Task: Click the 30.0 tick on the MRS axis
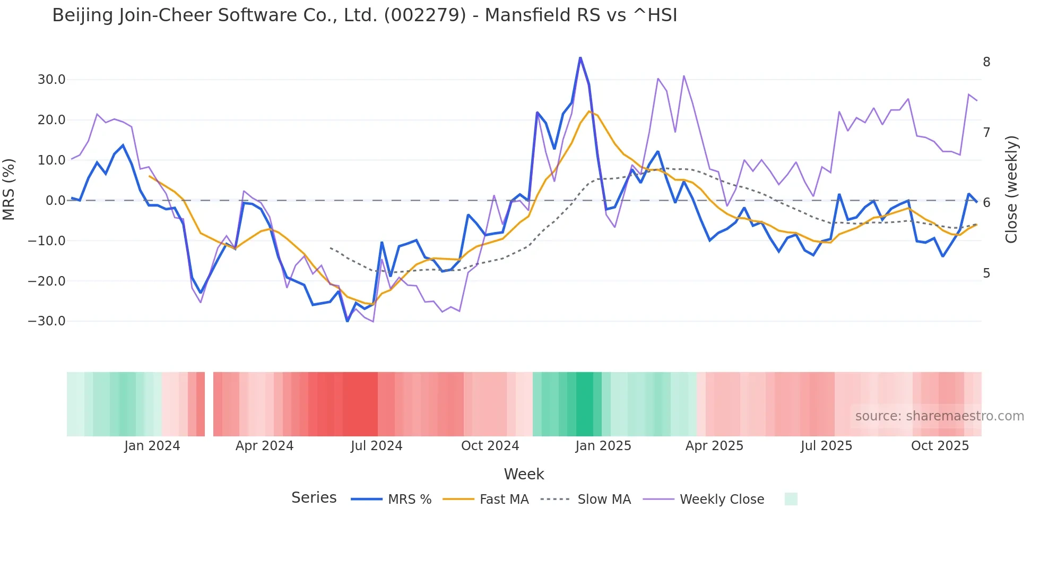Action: [x=51, y=80]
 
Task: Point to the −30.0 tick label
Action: [x=47, y=321]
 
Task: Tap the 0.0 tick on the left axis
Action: [x=55, y=201]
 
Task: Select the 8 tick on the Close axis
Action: [x=986, y=62]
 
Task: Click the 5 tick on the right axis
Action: [x=986, y=273]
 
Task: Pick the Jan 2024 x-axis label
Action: [x=152, y=446]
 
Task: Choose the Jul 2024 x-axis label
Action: [x=377, y=446]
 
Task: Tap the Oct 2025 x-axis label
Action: [x=940, y=446]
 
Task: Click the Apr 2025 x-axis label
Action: [x=714, y=446]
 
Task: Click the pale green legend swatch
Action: [x=791, y=499]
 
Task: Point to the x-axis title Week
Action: [x=524, y=474]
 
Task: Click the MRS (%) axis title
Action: [x=9, y=190]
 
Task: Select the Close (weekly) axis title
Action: [x=1011, y=190]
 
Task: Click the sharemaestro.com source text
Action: [x=939, y=416]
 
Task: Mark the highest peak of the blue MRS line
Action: [x=580, y=57]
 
